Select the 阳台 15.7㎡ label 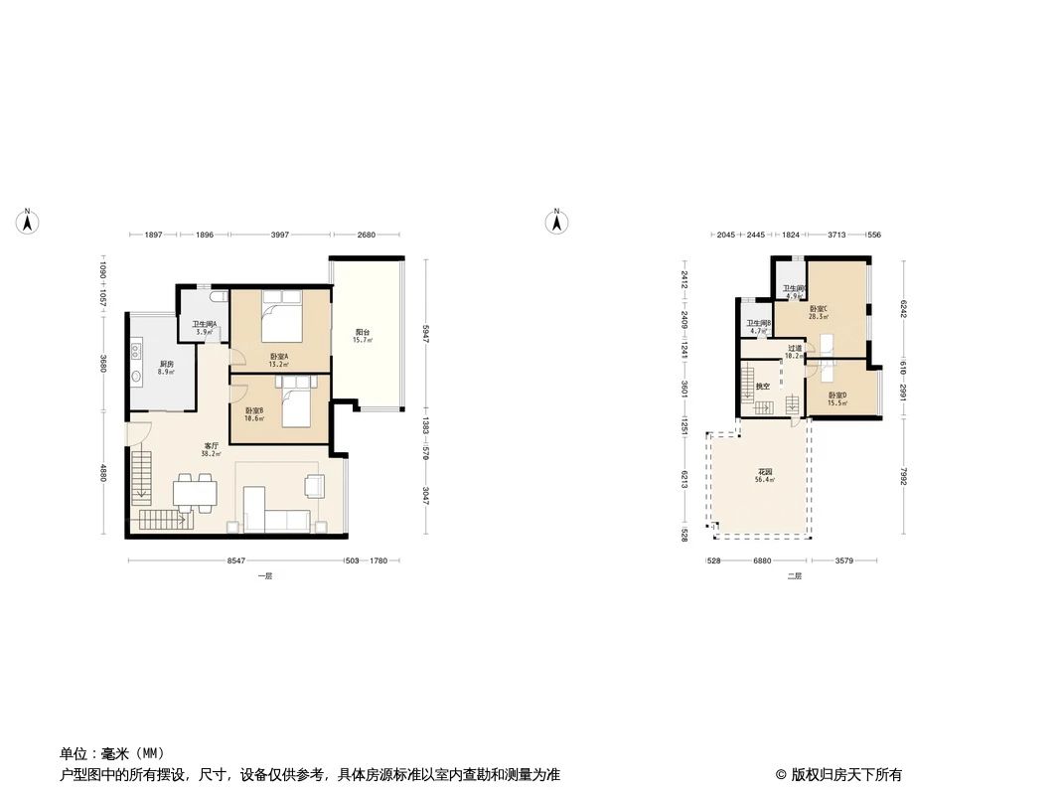363,336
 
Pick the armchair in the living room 314,485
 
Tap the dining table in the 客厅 194,491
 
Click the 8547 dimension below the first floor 235,561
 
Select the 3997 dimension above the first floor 280,236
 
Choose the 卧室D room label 837,398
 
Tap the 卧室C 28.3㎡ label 819,312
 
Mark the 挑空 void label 763,386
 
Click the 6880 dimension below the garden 761,561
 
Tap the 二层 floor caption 794,576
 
